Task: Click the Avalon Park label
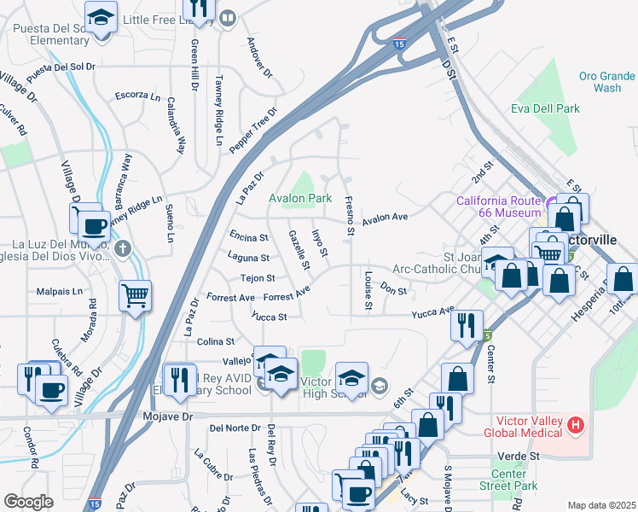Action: pyautogui.click(x=300, y=198)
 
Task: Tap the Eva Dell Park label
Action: pyautogui.click(x=546, y=108)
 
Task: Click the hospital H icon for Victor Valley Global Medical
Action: pyautogui.click(x=577, y=424)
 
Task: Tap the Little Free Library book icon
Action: pyautogui.click(x=228, y=19)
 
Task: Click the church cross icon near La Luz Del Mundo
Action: pyautogui.click(x=123, y=249)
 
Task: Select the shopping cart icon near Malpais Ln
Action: pyautogui.click(x=135, y=295)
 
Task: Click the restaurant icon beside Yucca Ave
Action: pyautogui.click(x=466, y=324)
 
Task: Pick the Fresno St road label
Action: pyautogui.click(x=349, y=215)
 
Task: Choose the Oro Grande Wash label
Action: pyautogui.click(x=606, y=81)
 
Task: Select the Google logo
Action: pyautogui.click(x=28, y=502)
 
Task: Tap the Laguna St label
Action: pyautogui.click(x=248, y=257)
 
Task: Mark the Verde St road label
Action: pyautogui.click(x=521, y=457)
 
